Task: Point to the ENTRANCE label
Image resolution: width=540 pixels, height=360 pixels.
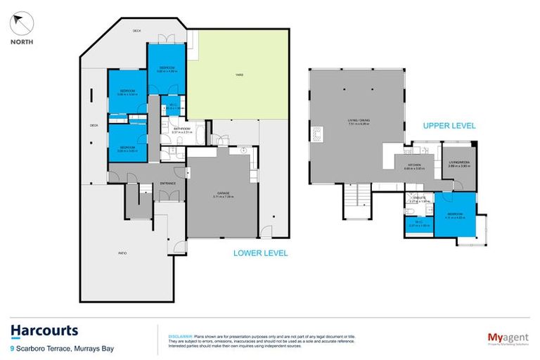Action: coord(167,183)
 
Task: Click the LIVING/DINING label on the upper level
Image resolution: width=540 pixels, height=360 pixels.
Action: coord(358,121)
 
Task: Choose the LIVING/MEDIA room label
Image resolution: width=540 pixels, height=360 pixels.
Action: coord(458,162)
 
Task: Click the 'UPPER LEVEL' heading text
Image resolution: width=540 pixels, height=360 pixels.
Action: coord(449,126)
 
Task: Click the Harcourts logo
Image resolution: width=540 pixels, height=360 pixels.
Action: coord(44,330)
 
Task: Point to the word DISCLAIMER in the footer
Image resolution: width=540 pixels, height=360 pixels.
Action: coord(181,335)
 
